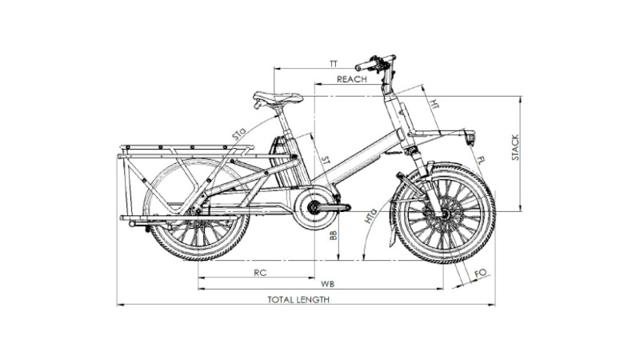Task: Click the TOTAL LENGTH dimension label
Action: point(298,299)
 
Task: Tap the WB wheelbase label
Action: point(327,284)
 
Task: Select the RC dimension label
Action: point(260,273)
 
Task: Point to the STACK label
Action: point(515,147)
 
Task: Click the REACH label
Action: point(352,79)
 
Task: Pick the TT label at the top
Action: point(334,64)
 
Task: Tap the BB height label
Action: point(334,234)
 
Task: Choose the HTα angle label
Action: point(370,215)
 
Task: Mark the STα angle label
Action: point(239,134)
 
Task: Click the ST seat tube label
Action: point(326,160)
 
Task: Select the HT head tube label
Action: point(434,105)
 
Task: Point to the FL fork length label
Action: point(481,159)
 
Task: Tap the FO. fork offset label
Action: point(482,274)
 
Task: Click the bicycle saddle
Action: point(278,98)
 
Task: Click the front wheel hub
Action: point(444,213)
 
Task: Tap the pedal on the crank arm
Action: point(342,207)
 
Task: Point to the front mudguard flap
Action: point(393,234)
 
